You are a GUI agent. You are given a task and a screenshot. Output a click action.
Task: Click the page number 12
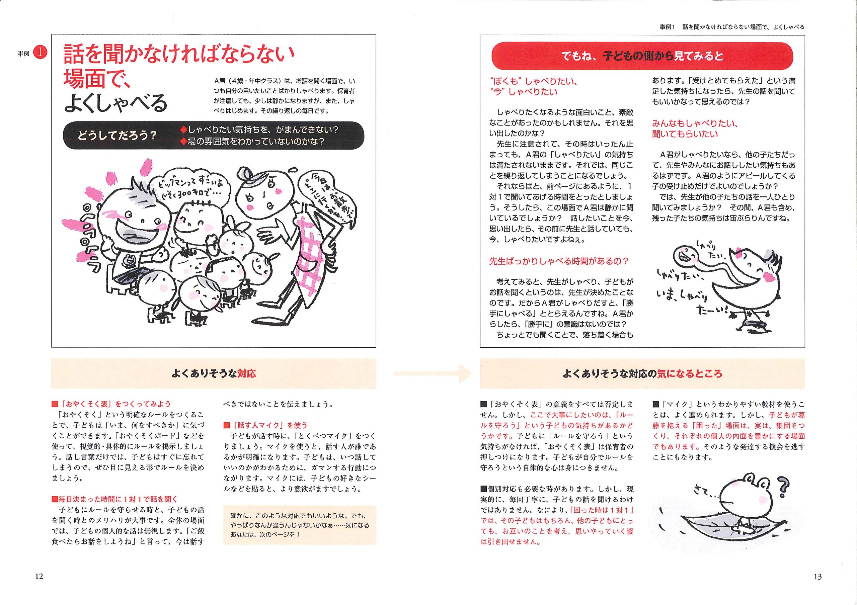pos(39,576)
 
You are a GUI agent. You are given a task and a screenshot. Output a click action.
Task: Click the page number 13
pos(817,577)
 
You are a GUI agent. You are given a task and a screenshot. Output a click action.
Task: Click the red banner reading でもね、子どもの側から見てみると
pos(642,56)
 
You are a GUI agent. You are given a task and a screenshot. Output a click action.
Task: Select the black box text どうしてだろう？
pos(117,136)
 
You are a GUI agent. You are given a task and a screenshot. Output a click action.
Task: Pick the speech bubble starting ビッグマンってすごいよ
pos(188,189)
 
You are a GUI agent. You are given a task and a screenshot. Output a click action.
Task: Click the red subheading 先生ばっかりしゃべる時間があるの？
pos(558,261)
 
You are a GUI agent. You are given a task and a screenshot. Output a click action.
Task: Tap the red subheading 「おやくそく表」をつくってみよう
pos(114,404)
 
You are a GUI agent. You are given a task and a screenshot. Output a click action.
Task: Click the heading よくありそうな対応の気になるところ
pos(642,374)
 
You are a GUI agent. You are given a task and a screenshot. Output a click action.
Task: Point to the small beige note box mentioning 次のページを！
pos(300,525)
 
